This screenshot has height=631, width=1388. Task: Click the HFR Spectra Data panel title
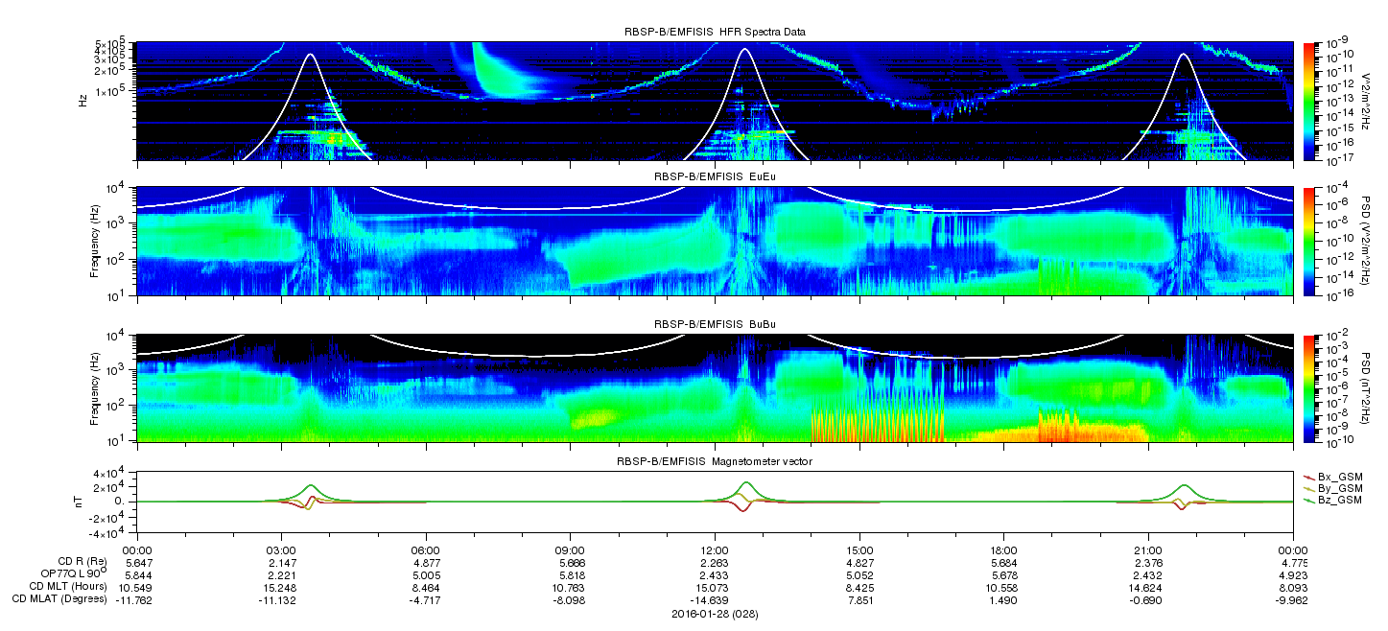pos(715,32)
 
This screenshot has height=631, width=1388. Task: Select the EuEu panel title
pos(715,176)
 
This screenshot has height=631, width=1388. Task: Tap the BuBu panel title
pos(715,324)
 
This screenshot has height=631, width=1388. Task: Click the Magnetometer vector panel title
pos(715,461)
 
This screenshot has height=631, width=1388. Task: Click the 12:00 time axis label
pos(715,550)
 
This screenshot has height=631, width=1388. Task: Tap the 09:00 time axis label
pos(570,550)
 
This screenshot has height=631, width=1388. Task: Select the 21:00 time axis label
pos(1148,550)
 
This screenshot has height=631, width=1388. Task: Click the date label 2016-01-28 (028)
pos(715,614)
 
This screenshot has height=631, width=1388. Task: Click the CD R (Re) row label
pos(82,562)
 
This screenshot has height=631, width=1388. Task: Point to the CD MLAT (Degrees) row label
pos(59,598)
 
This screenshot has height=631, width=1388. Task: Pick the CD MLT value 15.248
pos(281,587)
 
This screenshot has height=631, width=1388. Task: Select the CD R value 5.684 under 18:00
pos(1003,563)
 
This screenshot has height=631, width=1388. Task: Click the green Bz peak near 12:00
pos(746,482)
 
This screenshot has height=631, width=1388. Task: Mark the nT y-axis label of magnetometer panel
pos(79,502)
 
